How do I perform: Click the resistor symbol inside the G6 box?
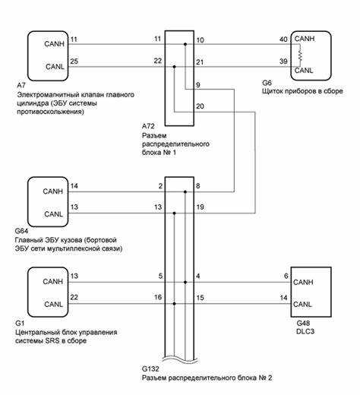tap(300, 55)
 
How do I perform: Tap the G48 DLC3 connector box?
tap(311, 292)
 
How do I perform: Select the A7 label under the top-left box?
tap(21, 85)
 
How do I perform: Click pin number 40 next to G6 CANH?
tap(283, 39)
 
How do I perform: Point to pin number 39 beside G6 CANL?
tap(283, 62)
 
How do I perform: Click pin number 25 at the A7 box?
tap(74, 62)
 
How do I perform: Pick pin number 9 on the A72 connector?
tap(198, 85)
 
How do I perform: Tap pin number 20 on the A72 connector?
tap(200, 106)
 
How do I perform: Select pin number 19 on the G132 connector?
tap(200, 207)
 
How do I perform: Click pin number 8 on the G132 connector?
tap(198, 186)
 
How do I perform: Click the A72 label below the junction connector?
tap(148, 126)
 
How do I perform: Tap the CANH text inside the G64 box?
tap(52, 191)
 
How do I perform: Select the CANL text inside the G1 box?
tap(53, 304)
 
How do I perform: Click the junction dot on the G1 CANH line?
tap(185, 282)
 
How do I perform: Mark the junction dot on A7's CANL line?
tap(174, 67)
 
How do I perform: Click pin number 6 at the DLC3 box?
tap(286, 276)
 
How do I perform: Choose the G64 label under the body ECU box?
tap(21, 231)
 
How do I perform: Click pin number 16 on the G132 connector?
tap(158, 297)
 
